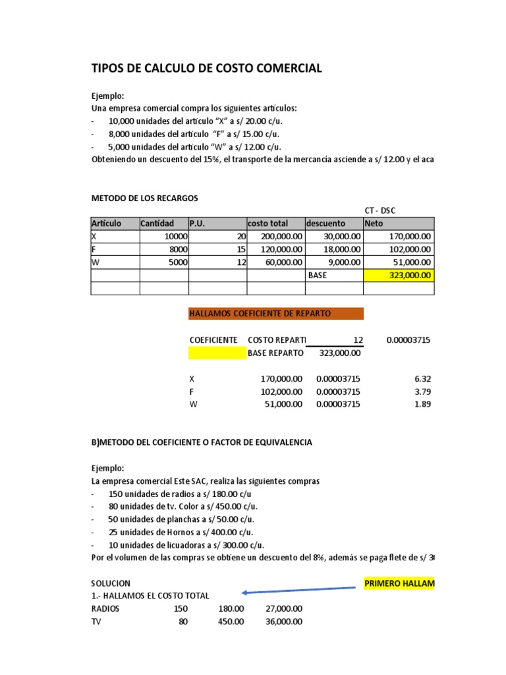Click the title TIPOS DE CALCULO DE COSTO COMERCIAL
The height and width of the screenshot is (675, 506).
[x=206, y=68]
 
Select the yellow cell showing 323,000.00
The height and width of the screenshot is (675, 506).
[x=399, y=275]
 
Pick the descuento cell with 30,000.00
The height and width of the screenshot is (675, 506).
[x=335, y=237]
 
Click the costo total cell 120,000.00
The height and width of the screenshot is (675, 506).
[x=275, y=249]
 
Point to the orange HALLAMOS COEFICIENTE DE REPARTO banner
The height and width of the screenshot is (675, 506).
[x=275, y=314]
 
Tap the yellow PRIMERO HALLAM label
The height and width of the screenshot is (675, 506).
[x=399, y=583]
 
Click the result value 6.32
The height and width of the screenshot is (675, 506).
[x=422, y=379]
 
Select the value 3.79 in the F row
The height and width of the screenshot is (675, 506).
[x=422, y=392]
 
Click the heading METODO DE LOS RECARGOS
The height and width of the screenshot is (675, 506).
[x=144, y=198]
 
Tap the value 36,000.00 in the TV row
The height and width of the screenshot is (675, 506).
[x=284, y=621]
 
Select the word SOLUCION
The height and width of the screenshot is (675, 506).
[x=111, y=583]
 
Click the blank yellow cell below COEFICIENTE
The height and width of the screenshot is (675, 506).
[x=217, y=353]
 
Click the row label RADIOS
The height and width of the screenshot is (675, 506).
[x=105, y=608]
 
